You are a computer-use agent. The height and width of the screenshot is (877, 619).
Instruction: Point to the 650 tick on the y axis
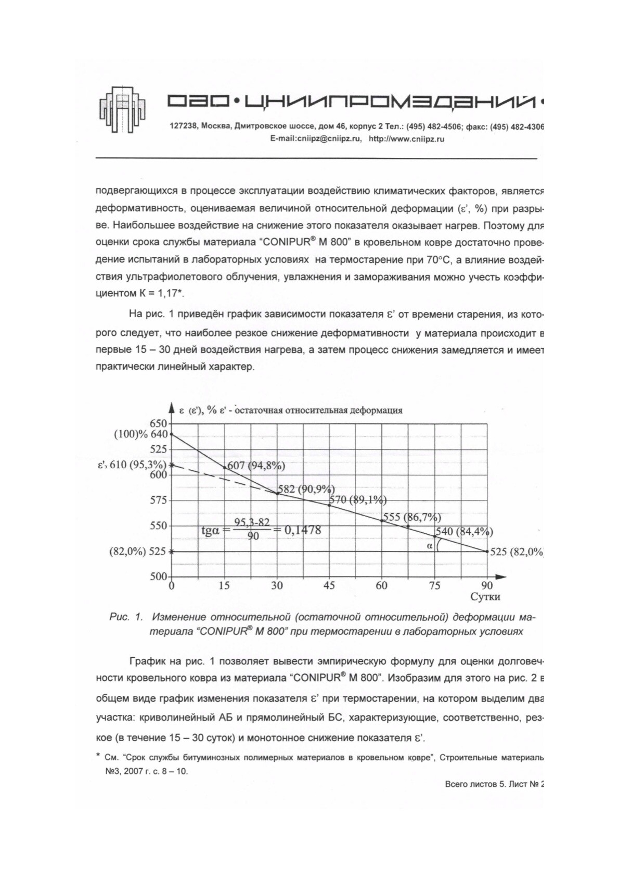159,424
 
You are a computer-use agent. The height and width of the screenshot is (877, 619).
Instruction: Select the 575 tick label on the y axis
159,500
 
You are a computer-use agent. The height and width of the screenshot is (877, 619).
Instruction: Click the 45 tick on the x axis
329,585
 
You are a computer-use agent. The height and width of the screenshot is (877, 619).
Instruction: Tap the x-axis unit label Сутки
485,597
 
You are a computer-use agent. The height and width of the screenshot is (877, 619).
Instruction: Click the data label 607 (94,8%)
256,466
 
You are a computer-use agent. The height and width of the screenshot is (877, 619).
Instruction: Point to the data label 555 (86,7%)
411,517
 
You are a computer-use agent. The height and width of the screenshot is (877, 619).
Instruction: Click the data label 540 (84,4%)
464,532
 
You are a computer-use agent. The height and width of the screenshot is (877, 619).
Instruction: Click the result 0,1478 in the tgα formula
302,530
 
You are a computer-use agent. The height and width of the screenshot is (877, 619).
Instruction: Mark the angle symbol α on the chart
430,546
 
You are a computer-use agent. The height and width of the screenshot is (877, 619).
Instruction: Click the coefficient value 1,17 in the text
165,293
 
